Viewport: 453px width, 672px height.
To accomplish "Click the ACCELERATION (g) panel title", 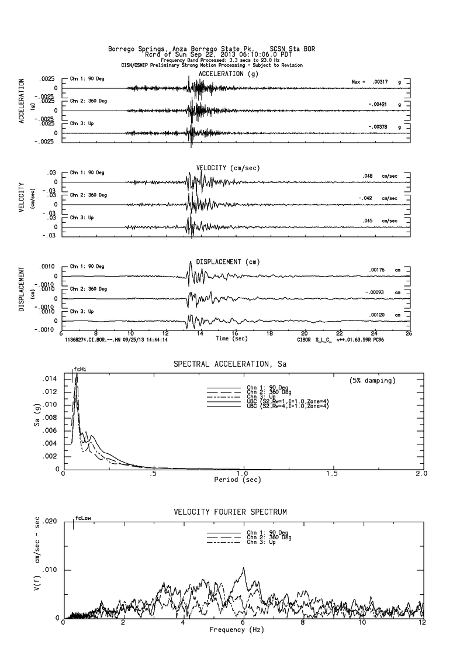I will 229,74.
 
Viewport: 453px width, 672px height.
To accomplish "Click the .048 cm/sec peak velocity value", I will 368,175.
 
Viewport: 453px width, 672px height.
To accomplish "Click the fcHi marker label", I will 80,370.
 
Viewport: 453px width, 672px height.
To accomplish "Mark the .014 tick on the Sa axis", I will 50,379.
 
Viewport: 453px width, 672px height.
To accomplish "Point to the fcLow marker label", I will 82,518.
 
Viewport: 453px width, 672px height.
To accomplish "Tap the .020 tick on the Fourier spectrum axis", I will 50,521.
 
